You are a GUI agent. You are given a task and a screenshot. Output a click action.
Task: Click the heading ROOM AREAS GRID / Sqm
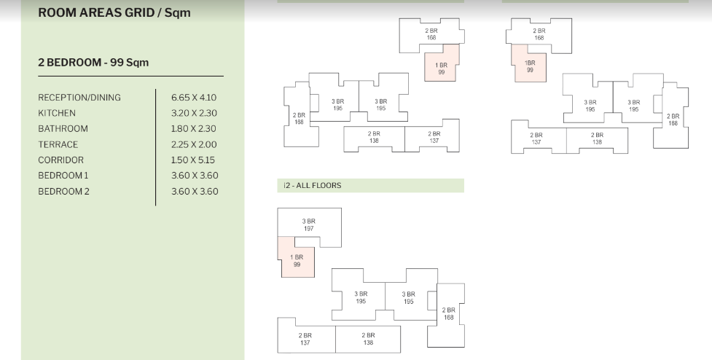pos(114,13)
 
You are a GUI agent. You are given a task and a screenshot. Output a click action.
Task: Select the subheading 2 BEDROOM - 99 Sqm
pos(93,63)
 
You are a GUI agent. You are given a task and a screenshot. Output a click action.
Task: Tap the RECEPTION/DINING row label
pos(79,98)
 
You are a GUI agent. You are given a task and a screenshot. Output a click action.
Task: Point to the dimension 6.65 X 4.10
pos(194,98)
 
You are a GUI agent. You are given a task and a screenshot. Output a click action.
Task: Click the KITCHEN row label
pos(57,113)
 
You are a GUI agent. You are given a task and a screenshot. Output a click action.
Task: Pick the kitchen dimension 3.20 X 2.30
pos(194,113)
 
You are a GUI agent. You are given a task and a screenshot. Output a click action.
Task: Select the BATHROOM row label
pos(63,129)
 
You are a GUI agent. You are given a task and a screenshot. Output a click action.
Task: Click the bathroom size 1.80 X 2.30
pos(194,129)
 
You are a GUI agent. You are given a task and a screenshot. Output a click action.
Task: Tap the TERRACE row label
pos(58,144)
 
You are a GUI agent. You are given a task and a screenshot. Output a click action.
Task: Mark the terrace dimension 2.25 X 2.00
pos(194,144)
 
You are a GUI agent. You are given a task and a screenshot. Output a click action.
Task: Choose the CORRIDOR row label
pos(60,160)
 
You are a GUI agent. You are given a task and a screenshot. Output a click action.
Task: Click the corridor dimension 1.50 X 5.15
pos(194,160)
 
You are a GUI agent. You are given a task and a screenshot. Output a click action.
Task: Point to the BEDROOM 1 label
pos(63,176)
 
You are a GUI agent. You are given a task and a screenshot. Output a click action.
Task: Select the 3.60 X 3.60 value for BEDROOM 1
pos(194,176)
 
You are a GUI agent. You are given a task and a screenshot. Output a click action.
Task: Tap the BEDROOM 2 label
pos(63,192)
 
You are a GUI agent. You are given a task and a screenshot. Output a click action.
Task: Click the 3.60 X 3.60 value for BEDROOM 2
pos(194,192)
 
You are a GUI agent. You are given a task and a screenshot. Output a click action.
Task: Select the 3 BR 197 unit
pos(309,224)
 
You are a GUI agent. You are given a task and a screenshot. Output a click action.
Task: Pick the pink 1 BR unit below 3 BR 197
pos(297,261)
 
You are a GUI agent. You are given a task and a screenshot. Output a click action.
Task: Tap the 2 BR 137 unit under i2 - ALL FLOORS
pos(305,339)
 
